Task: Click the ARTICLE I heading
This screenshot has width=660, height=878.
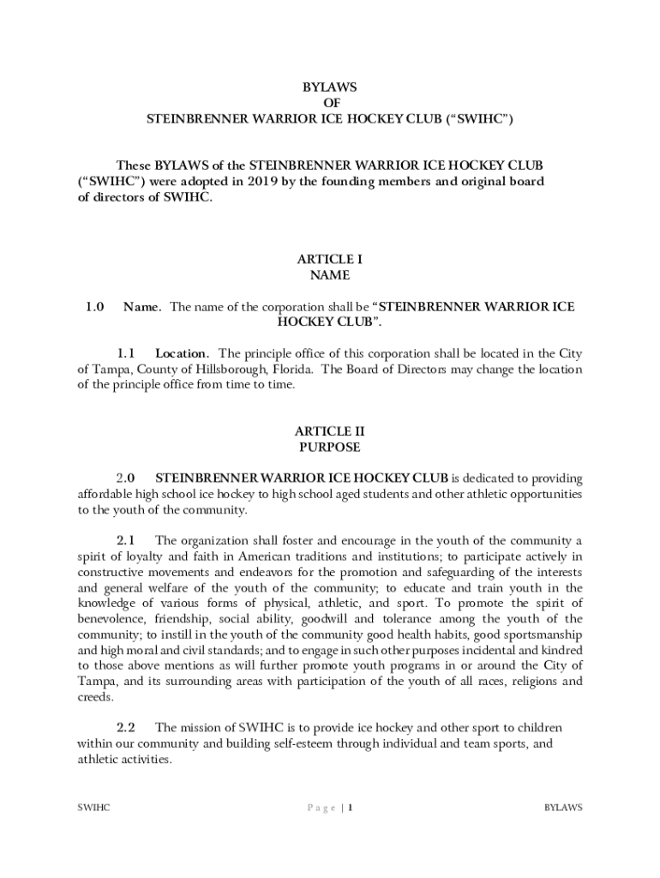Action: (x=330, y=259)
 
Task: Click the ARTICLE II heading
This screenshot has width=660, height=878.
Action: (x=330, y=431)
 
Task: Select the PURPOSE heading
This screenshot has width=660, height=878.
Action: (x=330, y=448)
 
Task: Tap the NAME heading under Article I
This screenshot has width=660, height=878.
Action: (x=330, y=275)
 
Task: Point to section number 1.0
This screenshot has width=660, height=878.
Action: (x=94, y=307)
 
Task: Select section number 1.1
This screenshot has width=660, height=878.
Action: (x=127, y=353)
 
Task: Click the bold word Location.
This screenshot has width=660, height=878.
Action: (x=182, y=353)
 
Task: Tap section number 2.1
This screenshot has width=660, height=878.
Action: (x=127, y=540)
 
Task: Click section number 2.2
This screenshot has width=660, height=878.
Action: (x=127, y=727)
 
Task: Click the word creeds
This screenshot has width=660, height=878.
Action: (x=94, y=697)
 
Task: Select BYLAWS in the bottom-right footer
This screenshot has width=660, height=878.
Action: (x=563, y=808)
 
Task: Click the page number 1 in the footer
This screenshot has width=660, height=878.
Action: (x=350, y=808)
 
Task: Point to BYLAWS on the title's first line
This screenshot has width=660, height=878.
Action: (x=330, y=87)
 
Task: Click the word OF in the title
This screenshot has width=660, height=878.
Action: (x=330, y=103)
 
